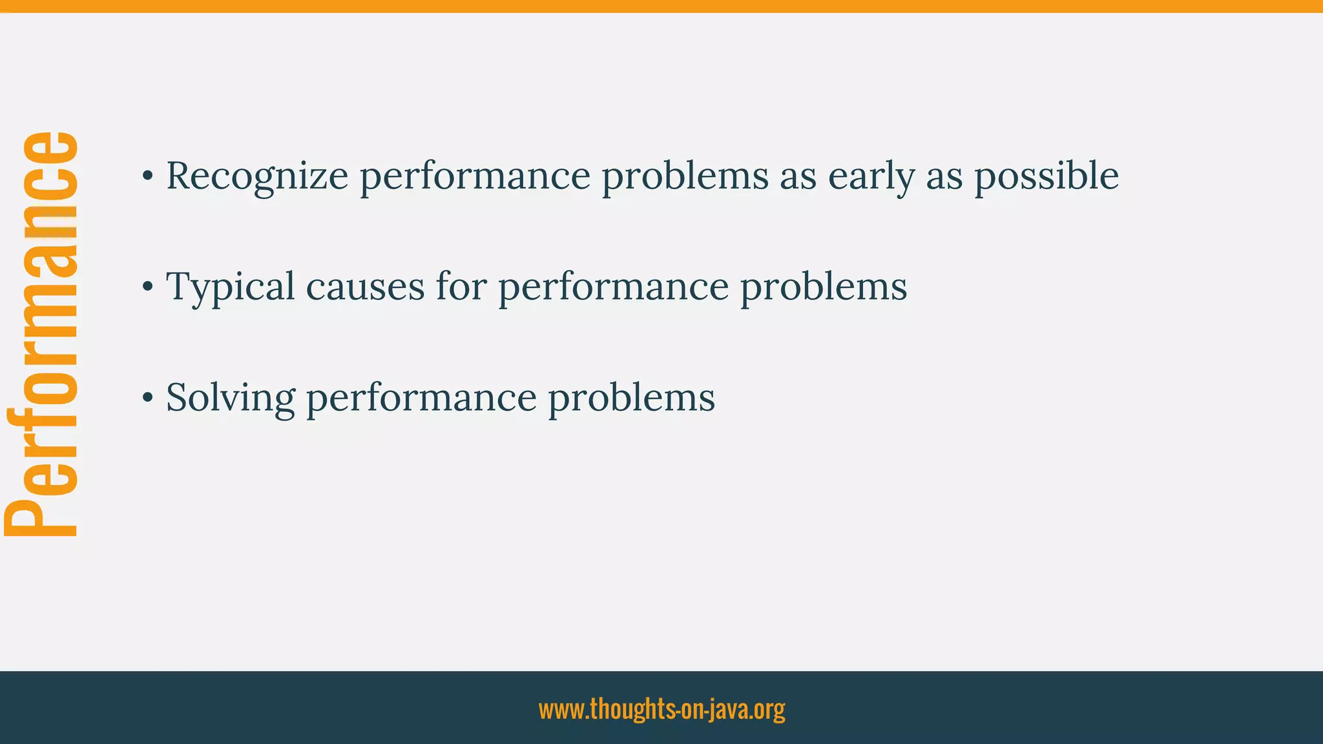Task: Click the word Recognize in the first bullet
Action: pyautogui.click(x=256, y=176)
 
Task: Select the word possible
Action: pyautogui.click(x=1046, y=176)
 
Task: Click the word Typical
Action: pyautogui.click(x=230, y=287)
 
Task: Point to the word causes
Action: pyautogui.click(x=365, y=287)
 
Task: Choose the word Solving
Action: pyautogui.click(x=230, y=398)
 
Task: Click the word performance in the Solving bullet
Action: pyautogui.click(x=421, y=398)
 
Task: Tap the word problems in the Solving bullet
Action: pyautogui.click(x=631, y=398)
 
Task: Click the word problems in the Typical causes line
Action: pyautogui.click(x=823, y=287)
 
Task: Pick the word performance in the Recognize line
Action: pyautogui.click(x=475, y=176)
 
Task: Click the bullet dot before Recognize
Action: pyautogui.click(x=148, y=176)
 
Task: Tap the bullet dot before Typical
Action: pyautogui.click(x=148, y=287)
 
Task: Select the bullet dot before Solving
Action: pyautogui.click(x=148, y=398)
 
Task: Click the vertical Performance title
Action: pyautogui.click(x=41, y=334)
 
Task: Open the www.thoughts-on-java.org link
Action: pyautogui.click(x=661, y=709)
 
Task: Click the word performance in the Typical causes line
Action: pyautogui.click(x=613, y=287)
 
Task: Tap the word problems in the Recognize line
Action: pyautogui.click(x=685, y=176)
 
